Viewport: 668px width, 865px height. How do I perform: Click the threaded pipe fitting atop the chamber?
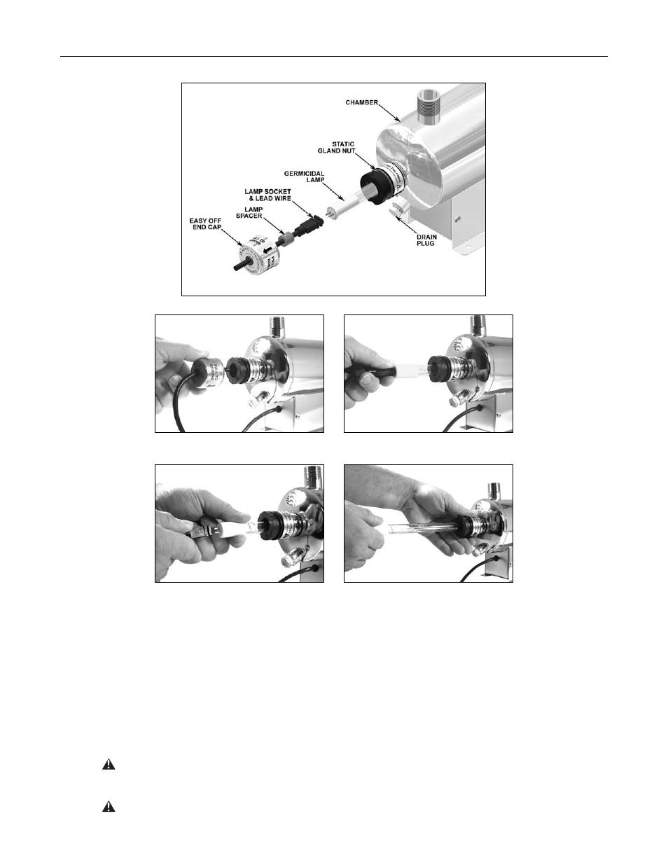(426, 102)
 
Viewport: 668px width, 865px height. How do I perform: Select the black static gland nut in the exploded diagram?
(375, 186)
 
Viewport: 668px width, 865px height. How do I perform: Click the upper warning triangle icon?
(109, 766)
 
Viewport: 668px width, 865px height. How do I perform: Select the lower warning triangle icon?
(109, 807)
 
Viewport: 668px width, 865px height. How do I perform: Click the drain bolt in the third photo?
(288, 558)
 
